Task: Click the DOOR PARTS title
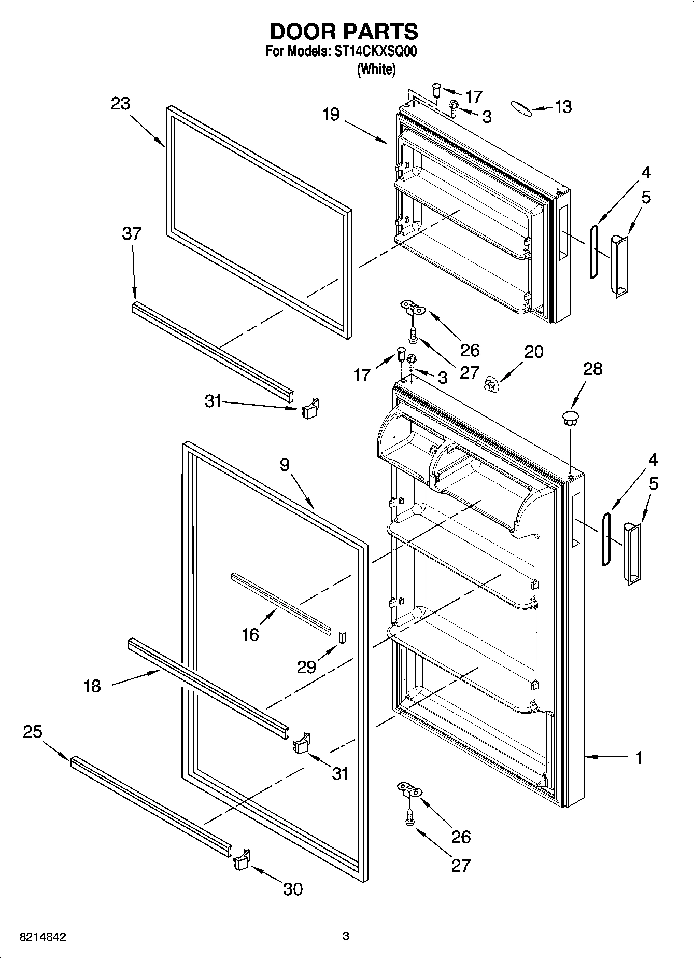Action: pyautogui.click(x=344, y=32)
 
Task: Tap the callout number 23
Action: pyautogui.click(x=120, y=104)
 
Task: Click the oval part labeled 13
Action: pyautogui.click(x=520, y=107)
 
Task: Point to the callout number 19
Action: pyautogui.click(x=331, y=114)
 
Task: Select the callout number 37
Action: pyautogui.click(x=132, y=233)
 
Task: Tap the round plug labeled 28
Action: pyautogui.click(x=570, y=418)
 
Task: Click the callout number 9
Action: pyautogui.click(x=285, y=465)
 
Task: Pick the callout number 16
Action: pyautogui.click(x=250, y=634)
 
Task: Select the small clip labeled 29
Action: pyautogui.click(x=342, y=637)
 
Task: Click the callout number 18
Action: pyautogui.click(x=92, y=686)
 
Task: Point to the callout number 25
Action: pyautogui.click(x=33, y=732)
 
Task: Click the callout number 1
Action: pyautogui.click(x=639, y=758)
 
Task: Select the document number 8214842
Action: pyautogui.click(x=43, y=937)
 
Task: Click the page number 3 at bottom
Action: pyautogui.click(x=346, y=936)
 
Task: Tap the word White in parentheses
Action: pyautogui.click(x=376, y=69)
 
